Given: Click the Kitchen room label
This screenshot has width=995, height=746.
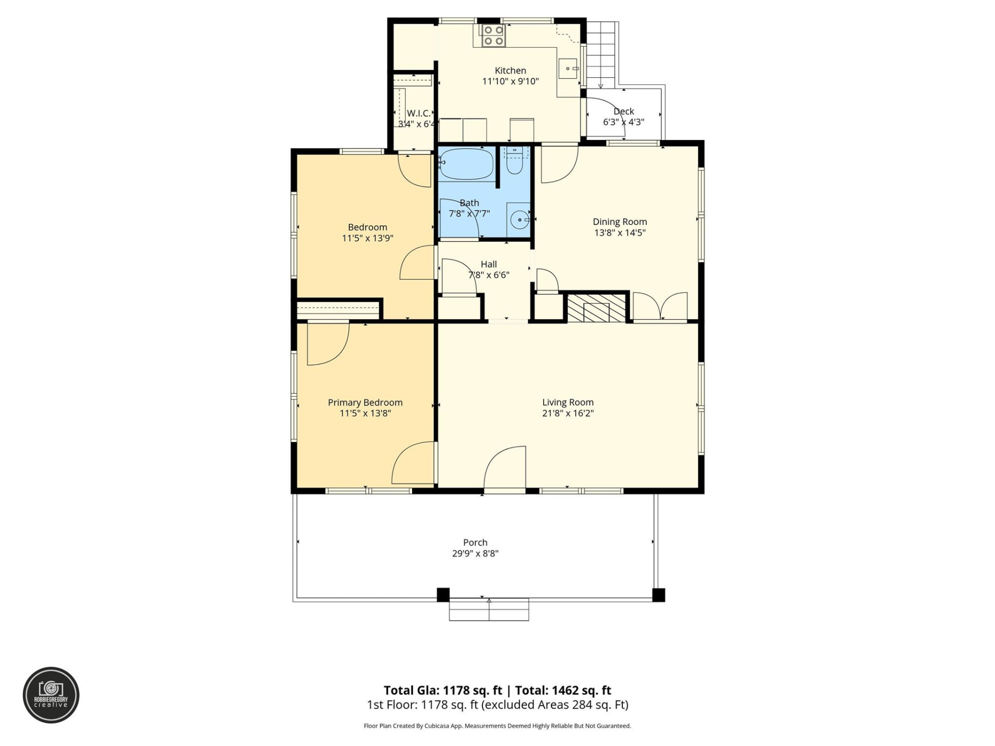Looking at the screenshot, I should (x=510, y=70).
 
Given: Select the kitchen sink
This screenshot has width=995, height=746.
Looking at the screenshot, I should (x=568, y=68).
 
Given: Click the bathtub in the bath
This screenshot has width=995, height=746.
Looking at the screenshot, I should (x=466, y=164).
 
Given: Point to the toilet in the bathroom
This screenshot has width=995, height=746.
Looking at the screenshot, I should (x=515, y=164).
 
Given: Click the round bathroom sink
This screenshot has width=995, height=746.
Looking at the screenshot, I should (x=519, y=220).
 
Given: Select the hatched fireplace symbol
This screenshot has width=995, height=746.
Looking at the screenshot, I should (x=596, y=308).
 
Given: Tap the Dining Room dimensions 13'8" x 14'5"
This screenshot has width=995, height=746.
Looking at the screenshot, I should (x=619, y=233).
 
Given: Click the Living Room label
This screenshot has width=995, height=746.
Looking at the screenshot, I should (x=567, y=402).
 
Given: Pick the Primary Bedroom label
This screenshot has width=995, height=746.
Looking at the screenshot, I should (x=365, y=403).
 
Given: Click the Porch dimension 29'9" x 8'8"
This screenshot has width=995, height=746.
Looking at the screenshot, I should (x=475, y=553).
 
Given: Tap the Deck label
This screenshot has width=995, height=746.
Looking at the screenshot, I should (x=623, y=111).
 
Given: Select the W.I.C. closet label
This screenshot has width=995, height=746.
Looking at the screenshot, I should (x=418, y=113).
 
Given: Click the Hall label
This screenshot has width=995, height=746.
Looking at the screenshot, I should (x=488, y=264).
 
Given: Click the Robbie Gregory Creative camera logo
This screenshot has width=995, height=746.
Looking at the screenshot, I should (x=51, y=695).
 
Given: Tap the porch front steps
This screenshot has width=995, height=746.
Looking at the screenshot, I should (x=489, y=609).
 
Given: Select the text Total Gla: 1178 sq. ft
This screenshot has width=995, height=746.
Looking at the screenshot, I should (x=443, y=690).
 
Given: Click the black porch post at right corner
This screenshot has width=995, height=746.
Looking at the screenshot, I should (x=658, y=595).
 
